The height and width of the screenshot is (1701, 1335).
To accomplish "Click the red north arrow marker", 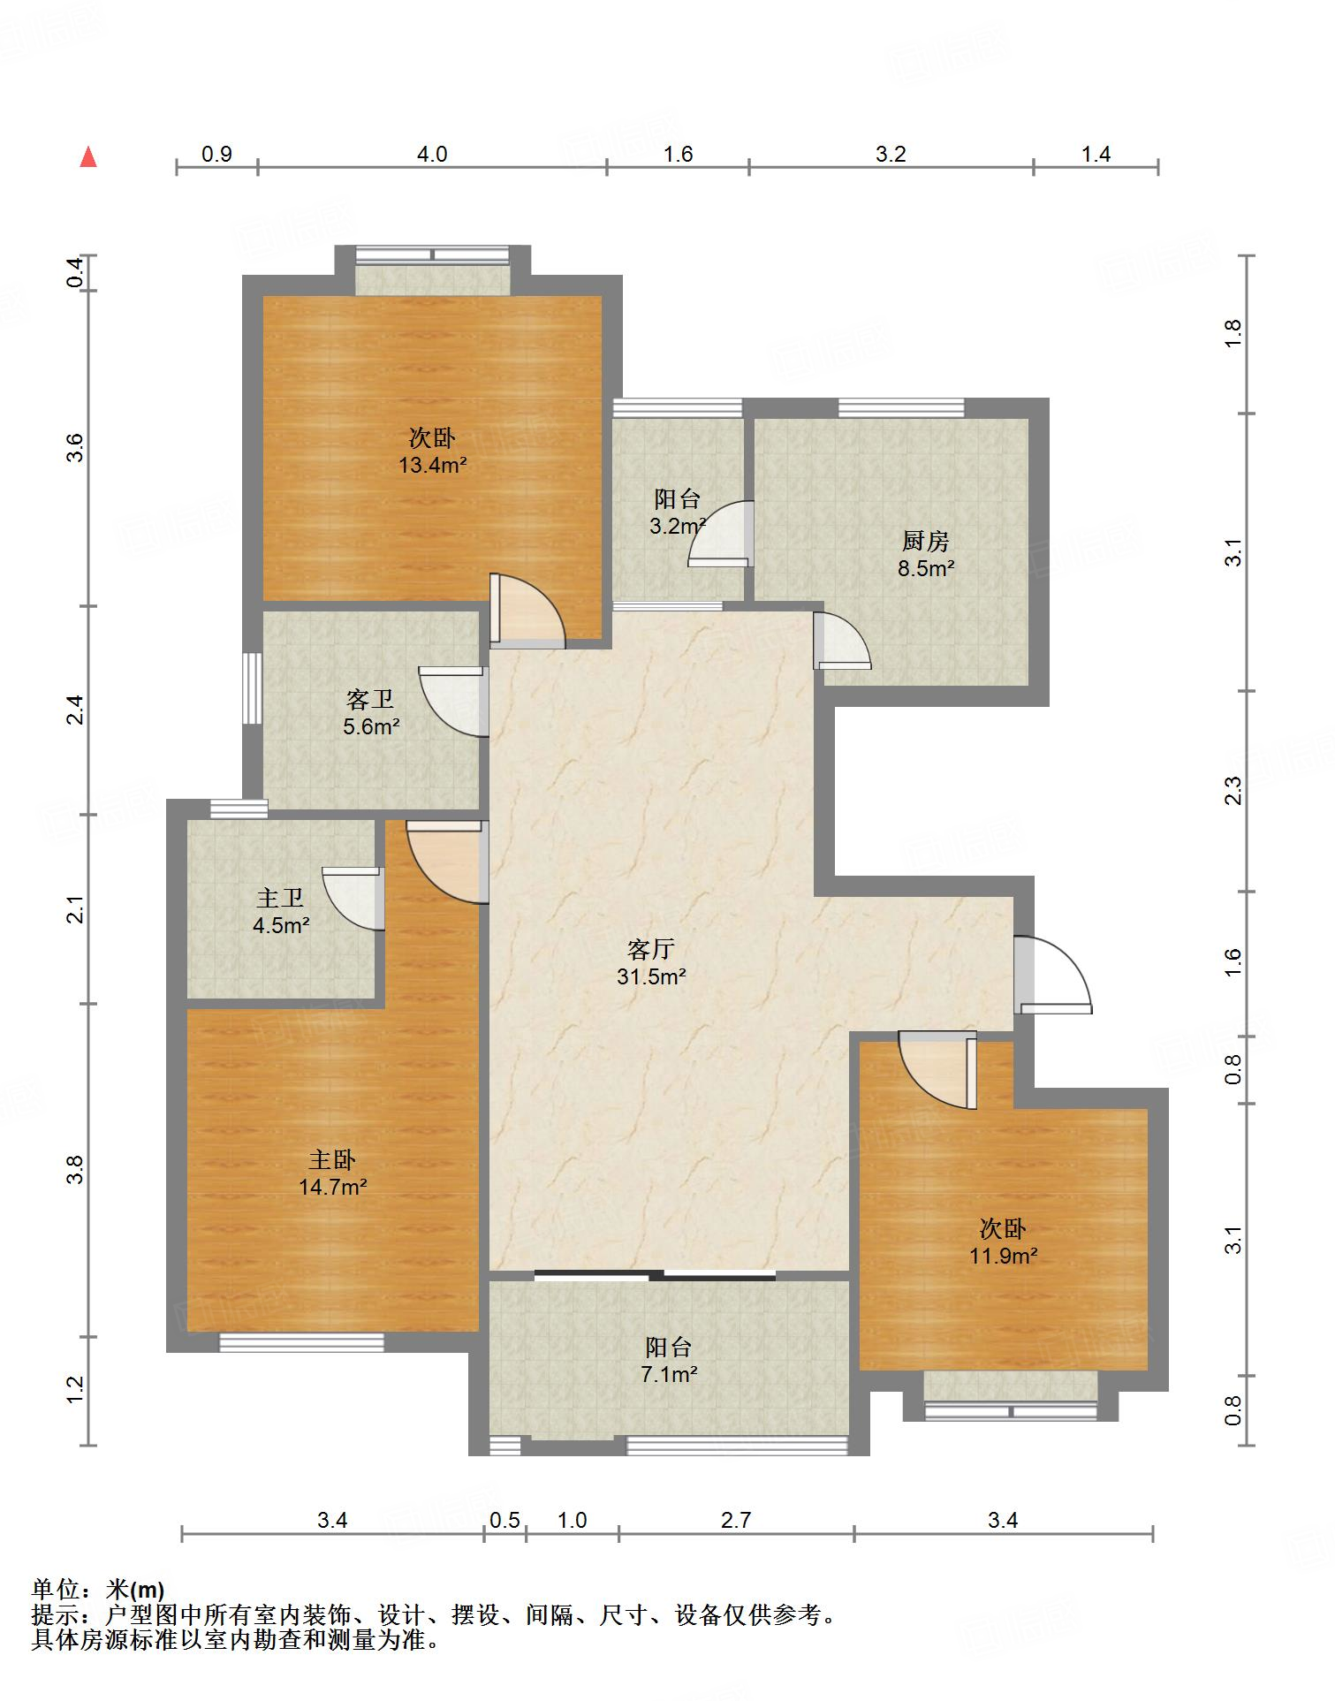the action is [x=88, y=157].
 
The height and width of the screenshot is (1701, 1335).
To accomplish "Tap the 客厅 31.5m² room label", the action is [x=652, y=962].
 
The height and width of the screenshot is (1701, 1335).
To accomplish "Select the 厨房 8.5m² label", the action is [x=926, y=554].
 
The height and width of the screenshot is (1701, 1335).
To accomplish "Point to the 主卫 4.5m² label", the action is [x=281, y=912].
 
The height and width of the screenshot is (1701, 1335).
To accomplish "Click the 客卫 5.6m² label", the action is [x=371, y=713].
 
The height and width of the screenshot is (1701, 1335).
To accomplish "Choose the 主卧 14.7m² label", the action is [x=332, y=1173].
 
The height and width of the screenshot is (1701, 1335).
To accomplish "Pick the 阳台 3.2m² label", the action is [x=678, y=513].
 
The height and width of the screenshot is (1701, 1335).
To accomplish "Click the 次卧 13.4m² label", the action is [x=432, y=451].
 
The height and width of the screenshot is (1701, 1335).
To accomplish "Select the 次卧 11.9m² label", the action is [x=1003, y=1242].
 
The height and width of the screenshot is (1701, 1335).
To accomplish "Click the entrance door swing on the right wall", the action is [x=1052, y=974].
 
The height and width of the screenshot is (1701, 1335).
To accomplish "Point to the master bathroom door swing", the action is [x=353, y=898].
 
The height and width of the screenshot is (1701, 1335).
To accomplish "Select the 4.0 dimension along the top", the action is [x=432, y=154].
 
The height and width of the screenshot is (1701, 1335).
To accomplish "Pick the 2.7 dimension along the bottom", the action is [x=736, y=1520].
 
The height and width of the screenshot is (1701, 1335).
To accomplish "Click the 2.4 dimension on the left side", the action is [x=76, y=710].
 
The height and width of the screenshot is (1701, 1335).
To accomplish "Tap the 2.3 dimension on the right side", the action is [x=1233, y=790].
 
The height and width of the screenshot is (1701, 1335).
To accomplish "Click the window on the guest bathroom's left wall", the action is [x=253, y=688].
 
